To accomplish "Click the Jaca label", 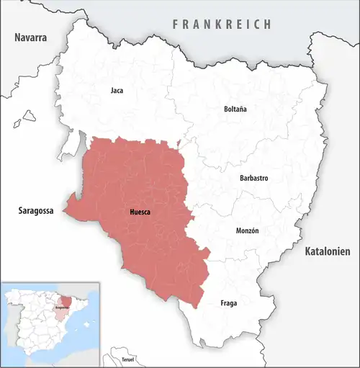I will click(x=117, y=91).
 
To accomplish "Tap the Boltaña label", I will click(x=235, y=109).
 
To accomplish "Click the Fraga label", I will click(x=228, y=303).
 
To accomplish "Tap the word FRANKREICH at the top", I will click(x=222, y=24).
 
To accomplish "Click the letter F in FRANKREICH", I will click(x=175, y=24).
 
